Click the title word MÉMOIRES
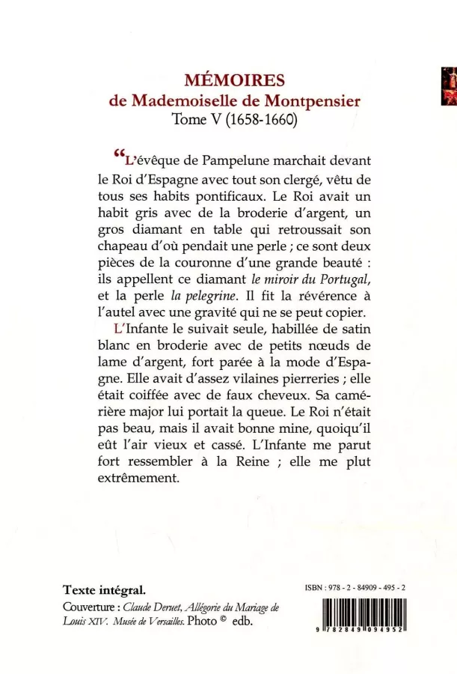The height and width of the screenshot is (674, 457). pyautogui.click(x=228, y=80)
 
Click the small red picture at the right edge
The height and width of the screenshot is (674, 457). pyautogui.click(x=449, y=85)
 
